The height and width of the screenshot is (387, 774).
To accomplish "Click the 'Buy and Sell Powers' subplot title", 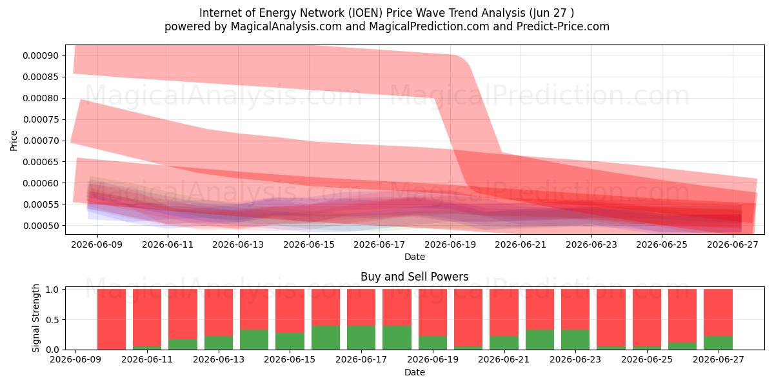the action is pos(414,277).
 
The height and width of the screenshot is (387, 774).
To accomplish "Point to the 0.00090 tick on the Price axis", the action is pos(41,55).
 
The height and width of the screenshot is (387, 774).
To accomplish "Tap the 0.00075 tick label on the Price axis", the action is pos(41,119).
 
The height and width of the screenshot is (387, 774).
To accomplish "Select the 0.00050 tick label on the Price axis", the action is pos(41,226).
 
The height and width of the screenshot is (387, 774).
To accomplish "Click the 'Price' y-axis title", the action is pos(14,141).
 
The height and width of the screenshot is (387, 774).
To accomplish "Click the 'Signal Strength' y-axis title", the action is pos(35,318).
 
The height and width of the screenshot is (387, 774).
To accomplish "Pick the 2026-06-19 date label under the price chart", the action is pos(450,244).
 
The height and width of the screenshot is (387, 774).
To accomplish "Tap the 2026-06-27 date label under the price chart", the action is pos(733,244).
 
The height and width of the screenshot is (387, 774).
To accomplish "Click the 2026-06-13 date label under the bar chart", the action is pos(219,359).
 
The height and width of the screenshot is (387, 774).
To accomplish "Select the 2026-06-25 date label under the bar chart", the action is pos(647,359).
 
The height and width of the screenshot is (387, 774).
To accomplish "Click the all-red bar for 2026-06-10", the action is pos(111,319).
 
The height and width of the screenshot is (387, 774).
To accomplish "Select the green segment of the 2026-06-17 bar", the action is pos(361,337).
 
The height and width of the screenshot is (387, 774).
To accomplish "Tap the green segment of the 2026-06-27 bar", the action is pos(718,342).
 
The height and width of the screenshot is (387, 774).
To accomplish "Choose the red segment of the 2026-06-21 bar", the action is pos(504,312).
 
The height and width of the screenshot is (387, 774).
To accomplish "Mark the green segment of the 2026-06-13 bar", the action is pos(219,342).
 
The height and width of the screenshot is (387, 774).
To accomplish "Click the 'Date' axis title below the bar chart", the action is pos(414,372).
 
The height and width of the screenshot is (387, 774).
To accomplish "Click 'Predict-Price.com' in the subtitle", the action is pos(563,26).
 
